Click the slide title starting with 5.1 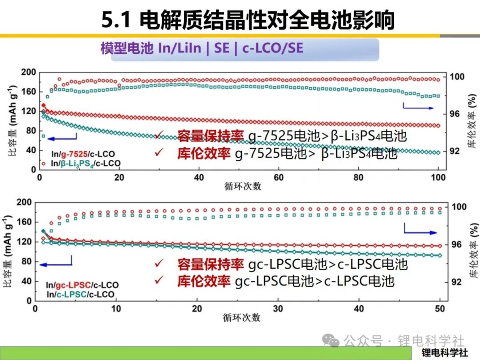[x=248, y=20]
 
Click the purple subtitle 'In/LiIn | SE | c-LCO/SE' [x=202, y=48]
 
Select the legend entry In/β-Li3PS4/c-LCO [x=86, y=164]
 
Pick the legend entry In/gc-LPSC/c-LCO [x=82, y=284]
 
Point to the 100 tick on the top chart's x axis [x=438, y=178]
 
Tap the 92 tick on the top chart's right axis [x=454, y=151]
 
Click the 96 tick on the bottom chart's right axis [x=456, y=244]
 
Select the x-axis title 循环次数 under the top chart [x=242, y=187]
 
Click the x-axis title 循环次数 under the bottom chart [x=241, y=318]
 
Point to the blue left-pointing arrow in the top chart [x=60, y=139]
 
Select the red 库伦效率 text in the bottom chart [x=204, y=281]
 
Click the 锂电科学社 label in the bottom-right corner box [x=444, y=353]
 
